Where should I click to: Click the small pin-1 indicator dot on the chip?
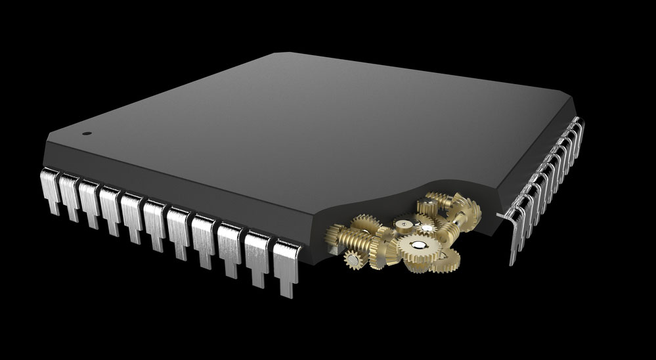pos(87,133)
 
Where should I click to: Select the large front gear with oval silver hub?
pos(418,248)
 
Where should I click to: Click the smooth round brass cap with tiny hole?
pos(404,225)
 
